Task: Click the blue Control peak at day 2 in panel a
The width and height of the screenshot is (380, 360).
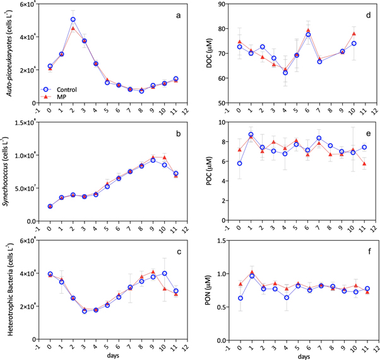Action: (73, 20)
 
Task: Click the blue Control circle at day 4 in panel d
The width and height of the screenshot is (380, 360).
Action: (285, 73)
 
